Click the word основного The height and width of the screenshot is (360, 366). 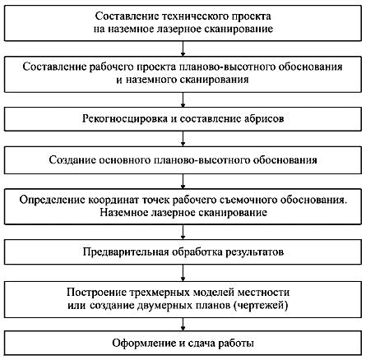124,160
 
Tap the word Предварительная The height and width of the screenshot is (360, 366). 126,252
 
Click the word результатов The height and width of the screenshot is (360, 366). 255,252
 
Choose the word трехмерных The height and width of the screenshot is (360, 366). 160,293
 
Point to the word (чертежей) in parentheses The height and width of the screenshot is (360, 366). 261,305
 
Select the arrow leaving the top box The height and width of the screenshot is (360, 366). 183,48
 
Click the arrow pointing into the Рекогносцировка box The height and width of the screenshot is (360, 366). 183,99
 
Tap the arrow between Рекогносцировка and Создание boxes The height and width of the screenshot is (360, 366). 183,139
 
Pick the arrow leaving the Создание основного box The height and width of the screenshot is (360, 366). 183,181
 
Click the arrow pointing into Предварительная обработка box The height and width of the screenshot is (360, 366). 183,232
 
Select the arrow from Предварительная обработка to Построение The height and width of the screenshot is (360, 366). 183,273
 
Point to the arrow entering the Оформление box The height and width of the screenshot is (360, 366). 183,325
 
